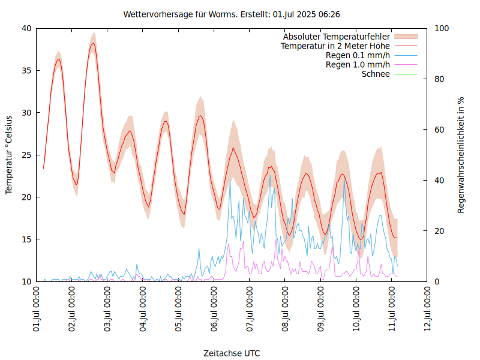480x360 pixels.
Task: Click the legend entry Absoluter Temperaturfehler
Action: tap(337, 37)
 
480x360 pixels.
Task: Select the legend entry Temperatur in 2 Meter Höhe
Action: tap(335, 46)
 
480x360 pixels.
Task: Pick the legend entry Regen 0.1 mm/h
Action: tap(358, 55)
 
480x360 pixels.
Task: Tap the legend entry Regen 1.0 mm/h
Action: tap(358, 65)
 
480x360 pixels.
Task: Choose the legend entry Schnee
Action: tap(376, 74)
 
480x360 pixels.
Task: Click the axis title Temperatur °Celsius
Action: tap(9, 154)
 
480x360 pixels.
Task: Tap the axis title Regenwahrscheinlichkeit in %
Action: tap(461, 155)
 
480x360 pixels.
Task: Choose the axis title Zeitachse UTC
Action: tap(232, 353)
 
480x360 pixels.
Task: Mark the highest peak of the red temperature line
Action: tap(93, 43)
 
